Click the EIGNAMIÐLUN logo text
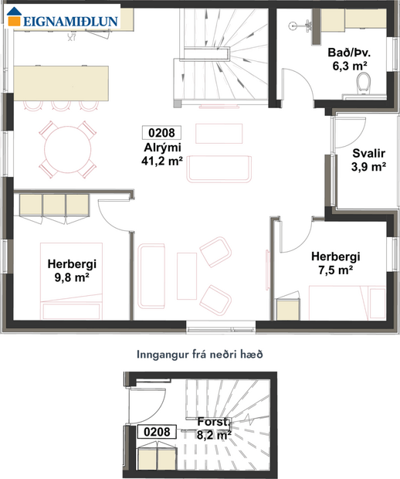(72, 21)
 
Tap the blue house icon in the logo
(16, 20)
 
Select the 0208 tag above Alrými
(162, 132)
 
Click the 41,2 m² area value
(162, 161)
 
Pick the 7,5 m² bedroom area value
(332, 270)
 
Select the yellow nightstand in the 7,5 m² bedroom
(288, 308)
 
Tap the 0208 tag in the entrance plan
(153, 432)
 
